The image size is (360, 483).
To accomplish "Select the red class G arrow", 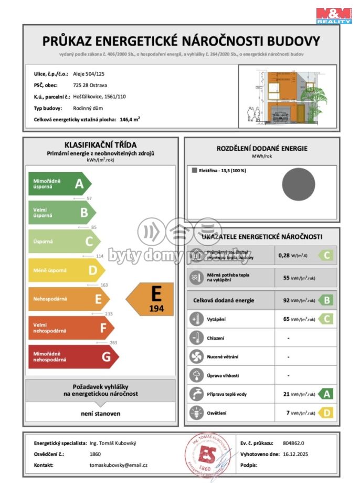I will (x=71, y=357).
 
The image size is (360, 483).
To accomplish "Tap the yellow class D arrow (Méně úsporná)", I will (x=66, y=270).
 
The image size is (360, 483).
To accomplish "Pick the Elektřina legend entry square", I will (x=195, y=171).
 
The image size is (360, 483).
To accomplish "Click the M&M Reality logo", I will (x=334, y=15).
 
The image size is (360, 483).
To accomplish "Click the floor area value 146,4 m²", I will (x=130, y=120).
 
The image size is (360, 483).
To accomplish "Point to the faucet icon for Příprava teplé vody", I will (x=196, y=394).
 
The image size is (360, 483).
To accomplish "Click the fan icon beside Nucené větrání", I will (x=196, y=356).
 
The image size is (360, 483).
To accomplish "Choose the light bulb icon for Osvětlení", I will (x=196, y=413).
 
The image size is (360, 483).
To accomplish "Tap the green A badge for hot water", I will (x=326, y=394).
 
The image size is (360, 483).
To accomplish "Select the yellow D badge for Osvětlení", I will (x=326, y=413).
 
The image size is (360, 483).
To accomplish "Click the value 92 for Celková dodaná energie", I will (x=287, y=300).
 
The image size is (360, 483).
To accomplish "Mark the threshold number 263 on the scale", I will (x=113, y=342).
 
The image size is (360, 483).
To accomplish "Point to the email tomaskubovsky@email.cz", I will (x=118, y=465).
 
